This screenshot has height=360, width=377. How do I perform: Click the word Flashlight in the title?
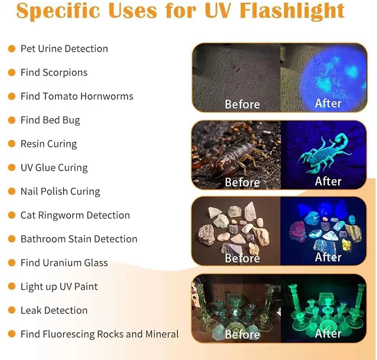click(292, 11)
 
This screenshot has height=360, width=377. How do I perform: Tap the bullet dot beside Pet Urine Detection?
click(12, 48)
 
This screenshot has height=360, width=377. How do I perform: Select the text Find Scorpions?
click(54, 73)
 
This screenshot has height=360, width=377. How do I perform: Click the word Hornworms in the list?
click(106, 96)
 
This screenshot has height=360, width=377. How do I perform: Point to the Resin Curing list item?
click(48, 144)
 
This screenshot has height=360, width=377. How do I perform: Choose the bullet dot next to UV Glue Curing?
click(12, 167)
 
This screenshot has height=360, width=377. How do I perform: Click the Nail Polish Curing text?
click(60, 191)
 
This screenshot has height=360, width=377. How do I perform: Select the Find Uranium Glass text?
click(64, 263)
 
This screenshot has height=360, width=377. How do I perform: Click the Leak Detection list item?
click(54, 310)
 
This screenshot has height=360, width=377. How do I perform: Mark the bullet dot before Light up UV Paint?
click(12, 286)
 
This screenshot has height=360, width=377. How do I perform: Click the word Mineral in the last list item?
click(162, 334)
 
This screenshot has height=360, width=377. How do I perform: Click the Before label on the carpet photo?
click(242, 104)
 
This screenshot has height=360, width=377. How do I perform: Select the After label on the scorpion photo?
click(328, 181)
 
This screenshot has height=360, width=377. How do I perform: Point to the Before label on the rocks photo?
click(242, 258)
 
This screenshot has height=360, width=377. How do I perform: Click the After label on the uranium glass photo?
click(328, 334)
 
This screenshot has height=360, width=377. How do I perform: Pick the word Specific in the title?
click(58, 12)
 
